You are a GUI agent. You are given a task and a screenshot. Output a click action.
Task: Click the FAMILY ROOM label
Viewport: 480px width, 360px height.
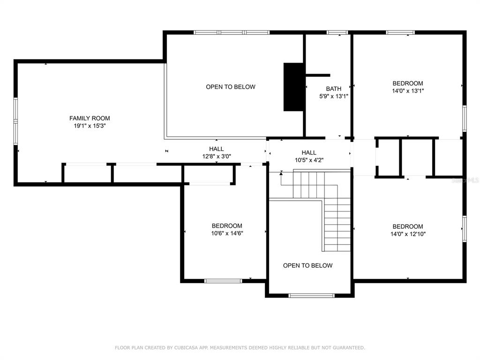pos(90,118)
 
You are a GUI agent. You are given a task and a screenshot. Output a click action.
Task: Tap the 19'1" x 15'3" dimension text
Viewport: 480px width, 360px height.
pos(90,126)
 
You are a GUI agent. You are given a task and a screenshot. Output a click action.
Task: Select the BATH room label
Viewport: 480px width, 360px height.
pos(333,89)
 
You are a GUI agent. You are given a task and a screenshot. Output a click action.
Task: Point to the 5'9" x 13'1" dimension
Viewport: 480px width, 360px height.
pos(333,96)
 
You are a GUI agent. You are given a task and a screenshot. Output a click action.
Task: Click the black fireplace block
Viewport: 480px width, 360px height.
pos(294,87)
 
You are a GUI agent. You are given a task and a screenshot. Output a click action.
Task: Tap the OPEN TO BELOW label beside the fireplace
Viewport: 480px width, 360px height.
pos(231,87)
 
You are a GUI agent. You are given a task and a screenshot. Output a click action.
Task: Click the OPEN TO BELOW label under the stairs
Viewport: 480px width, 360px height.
pos(307,265)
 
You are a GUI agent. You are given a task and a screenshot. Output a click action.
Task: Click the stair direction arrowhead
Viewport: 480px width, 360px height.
pos(281,173)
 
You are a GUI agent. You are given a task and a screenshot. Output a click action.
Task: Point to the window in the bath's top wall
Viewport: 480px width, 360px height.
pos(337,32)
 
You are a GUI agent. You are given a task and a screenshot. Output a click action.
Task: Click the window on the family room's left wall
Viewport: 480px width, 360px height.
pos(15,121)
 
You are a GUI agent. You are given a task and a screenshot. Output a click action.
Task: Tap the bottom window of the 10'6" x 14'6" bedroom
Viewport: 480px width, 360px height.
pos(223,281)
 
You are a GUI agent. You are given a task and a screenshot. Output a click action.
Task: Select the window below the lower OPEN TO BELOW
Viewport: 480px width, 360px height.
pos(312,296)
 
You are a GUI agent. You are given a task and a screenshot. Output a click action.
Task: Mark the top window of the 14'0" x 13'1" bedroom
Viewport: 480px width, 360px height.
pos(400,32)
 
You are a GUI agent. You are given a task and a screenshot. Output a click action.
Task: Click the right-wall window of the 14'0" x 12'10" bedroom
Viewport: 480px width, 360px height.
pos(465,229)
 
